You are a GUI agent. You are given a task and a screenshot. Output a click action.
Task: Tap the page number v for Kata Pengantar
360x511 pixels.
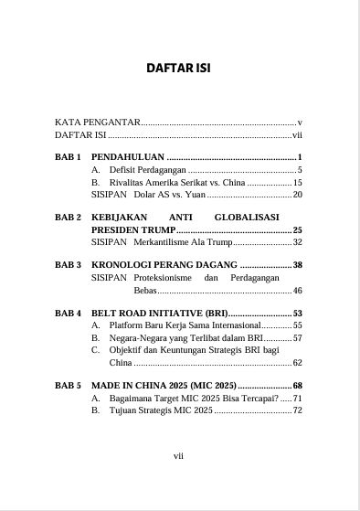[x=300, y=121]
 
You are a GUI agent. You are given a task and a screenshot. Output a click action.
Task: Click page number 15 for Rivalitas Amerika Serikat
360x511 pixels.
[x=297, y=183]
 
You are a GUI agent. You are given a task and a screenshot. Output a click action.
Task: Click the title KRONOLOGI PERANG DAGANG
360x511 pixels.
[x=164, y=265]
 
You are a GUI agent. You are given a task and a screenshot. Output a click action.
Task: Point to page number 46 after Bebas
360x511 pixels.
[x=297, y=290]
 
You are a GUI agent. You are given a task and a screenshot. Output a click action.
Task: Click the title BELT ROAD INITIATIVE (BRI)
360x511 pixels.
[x=159, y=314]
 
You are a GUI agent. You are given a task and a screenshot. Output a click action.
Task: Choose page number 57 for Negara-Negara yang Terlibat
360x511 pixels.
[x=297, y=338]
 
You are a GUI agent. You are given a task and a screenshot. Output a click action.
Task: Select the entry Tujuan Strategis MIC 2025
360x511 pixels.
[x=160, y=410]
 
